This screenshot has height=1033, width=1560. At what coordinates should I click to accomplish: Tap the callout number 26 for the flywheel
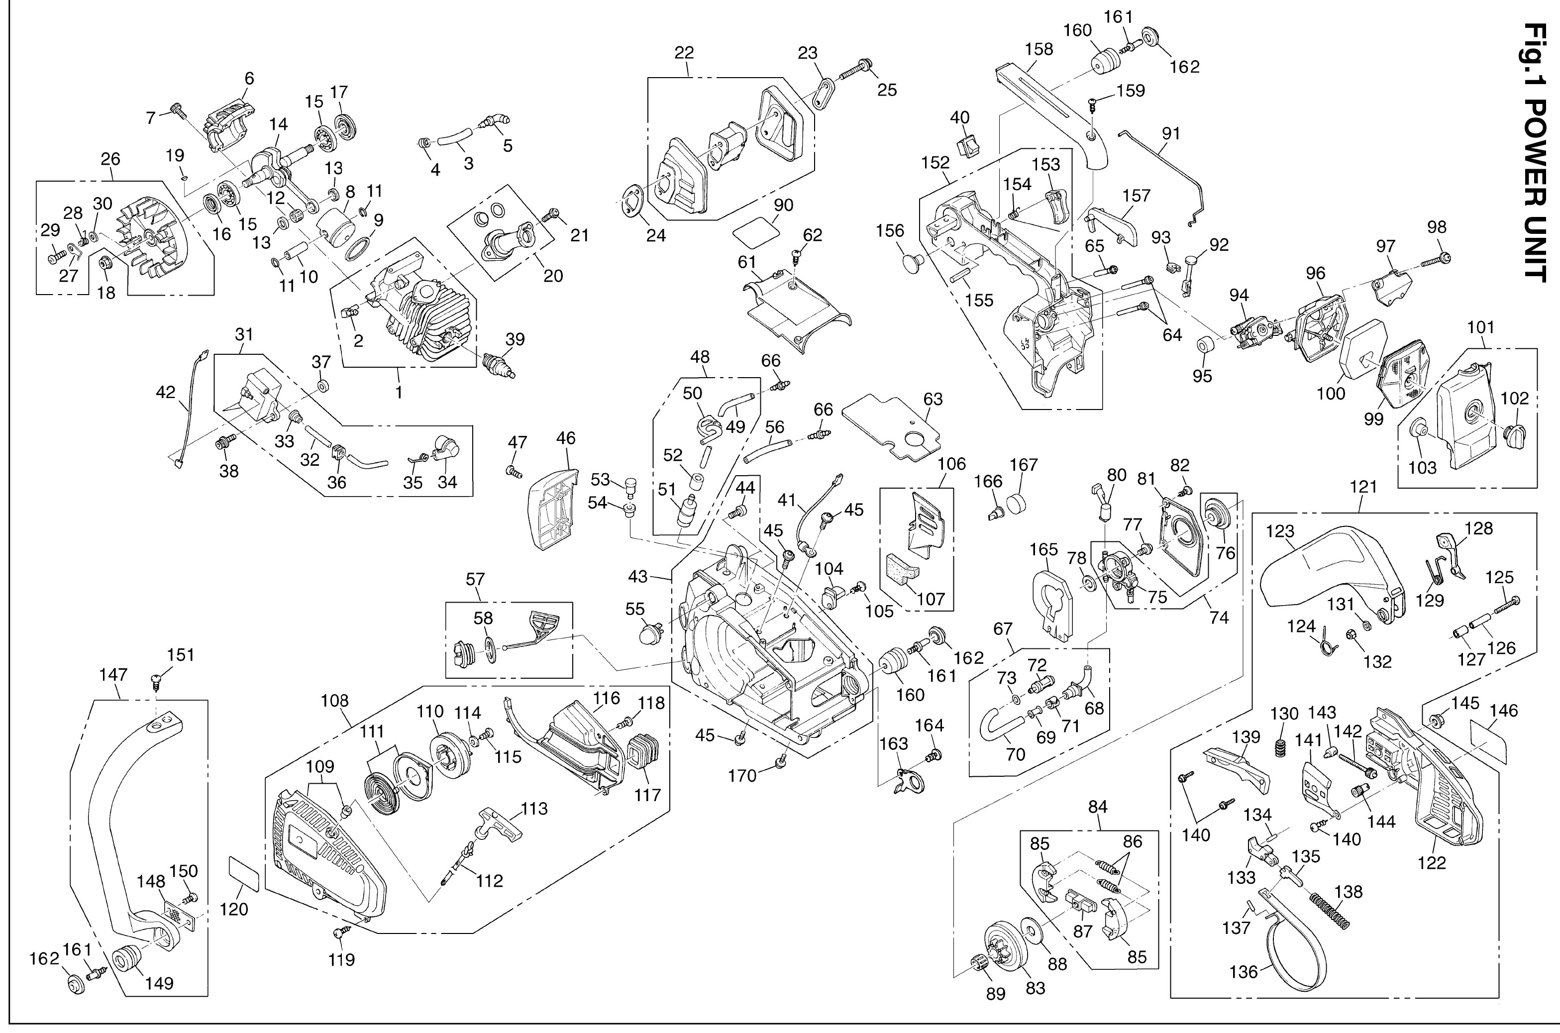[x=110, y=159]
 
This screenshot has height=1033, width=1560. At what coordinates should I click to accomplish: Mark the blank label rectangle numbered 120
[x=243, y=875]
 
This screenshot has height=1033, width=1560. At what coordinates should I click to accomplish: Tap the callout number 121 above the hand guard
[x=1363, y=487]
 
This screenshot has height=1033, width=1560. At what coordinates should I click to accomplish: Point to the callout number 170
[x=742, y=776]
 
